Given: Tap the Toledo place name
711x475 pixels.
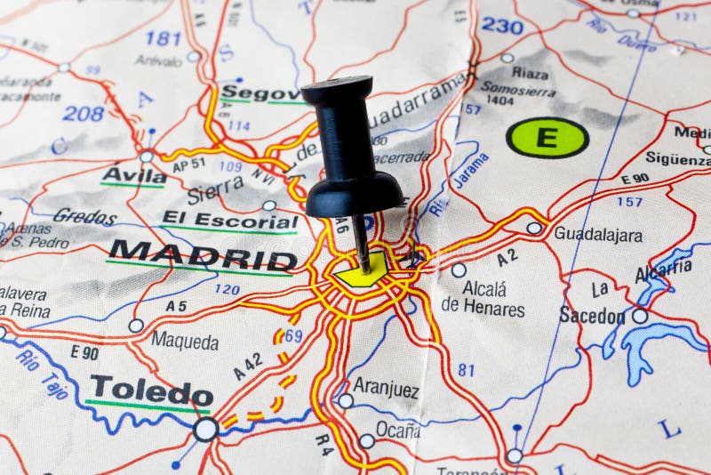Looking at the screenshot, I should [152, 390].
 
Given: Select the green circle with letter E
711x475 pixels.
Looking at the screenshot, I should [547, 138].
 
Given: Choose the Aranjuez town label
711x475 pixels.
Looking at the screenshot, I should [386, 388].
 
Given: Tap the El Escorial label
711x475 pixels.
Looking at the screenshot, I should [229, 219].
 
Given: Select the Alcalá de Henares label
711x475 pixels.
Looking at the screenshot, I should [483, 299].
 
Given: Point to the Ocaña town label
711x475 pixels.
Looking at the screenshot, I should [397, 430].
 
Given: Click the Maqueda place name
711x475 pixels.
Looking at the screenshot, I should [184, 341].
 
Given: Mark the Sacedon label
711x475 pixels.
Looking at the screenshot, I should [592, 315].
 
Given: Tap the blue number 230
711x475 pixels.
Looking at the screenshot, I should [503, 26].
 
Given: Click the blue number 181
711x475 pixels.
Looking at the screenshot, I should [163, 38].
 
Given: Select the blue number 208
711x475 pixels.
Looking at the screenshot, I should [83, 113].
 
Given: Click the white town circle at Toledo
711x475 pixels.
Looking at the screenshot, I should [205, 431].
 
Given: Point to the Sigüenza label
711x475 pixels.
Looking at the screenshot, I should [678, 158].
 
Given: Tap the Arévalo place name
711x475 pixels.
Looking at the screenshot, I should [159, 60].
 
